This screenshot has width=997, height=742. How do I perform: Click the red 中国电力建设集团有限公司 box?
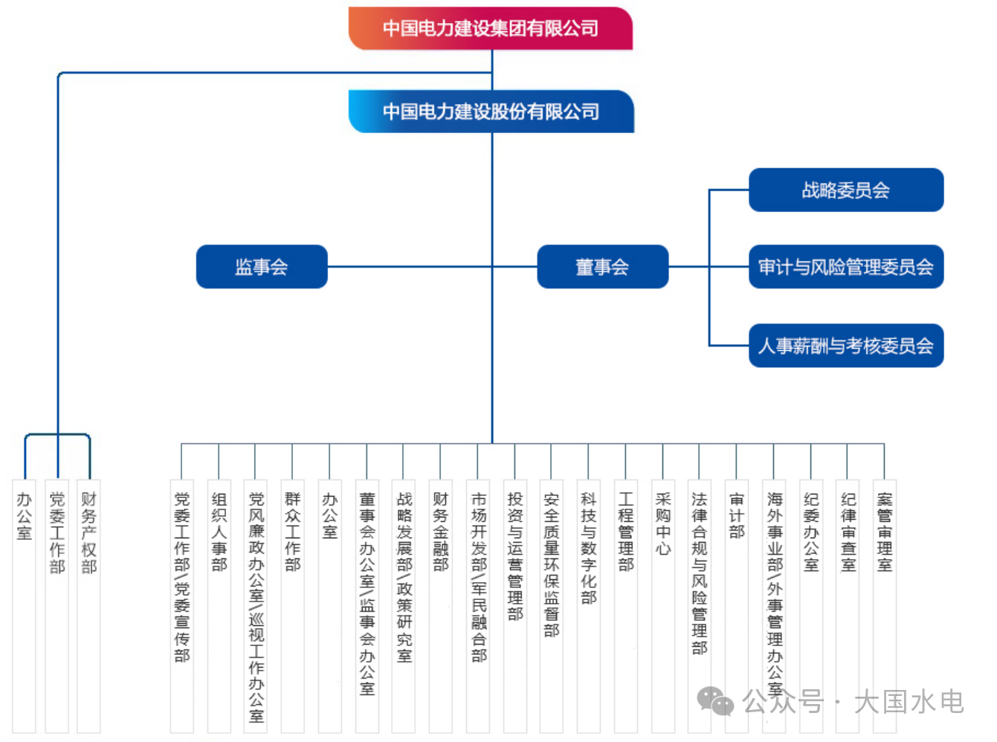pyautogui.click(x=491, y=28)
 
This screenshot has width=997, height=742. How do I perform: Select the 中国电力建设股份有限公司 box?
pyautogui.click(x=491, y=112)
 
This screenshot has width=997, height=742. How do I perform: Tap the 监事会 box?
pyautogui.click(x=262, y=267)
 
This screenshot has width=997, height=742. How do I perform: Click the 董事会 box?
pyautogui.click(x=602, y=267)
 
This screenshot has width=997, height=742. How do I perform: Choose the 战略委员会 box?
pyautogui.click(x=845, y=190)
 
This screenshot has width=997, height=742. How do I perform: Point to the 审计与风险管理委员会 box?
pyautogui.click(x=845, y=267)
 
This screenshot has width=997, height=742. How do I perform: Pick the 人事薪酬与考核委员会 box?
pyautogui.click(x=845, y=346)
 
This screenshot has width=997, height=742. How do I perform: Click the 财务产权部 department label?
pyautogui.click(x=88, y=532)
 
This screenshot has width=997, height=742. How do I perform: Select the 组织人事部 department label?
pyautogui.click(x=219, y=532)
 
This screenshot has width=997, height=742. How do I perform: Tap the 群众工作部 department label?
pyautogui.click(x=292, y=532)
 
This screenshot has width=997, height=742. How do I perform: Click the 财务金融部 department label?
pyautogui.click(x=441, y=532)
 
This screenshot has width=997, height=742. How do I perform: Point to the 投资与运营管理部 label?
pyautogui.click(x=514, y=556)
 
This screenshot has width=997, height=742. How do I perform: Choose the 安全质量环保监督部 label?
pyautogui.click(x=551, y=564)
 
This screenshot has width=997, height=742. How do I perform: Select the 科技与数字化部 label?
pyautogui.click(x=588, y=548)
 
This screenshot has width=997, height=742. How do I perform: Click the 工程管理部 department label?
pyautogui.click(x=625, y=532)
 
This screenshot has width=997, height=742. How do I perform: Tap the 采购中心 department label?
pyautogui.click(x=662, y=524)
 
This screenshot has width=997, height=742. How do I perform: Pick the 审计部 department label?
pyautogui.click(x=736, y=515)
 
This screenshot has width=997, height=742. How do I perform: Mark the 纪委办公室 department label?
pyautogui.click(x=810, y=532)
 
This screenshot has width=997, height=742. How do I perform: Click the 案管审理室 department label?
pyautogui.click(x=884, y=532)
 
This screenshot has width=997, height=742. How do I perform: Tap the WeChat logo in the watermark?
pyautogui.click(x=714, y=701)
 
